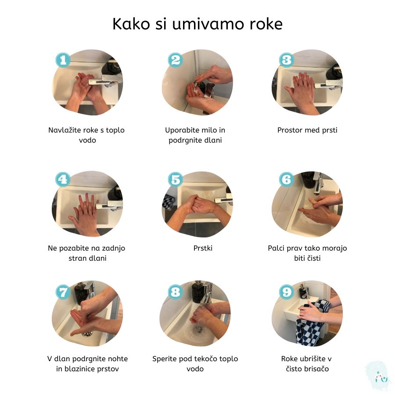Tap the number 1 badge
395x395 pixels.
click(63, 60)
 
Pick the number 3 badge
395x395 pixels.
click(286, 60)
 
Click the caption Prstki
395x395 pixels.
click(203, 248)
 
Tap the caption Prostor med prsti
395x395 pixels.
click(307, 130)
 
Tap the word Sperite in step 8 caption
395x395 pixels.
click(165, 359)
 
